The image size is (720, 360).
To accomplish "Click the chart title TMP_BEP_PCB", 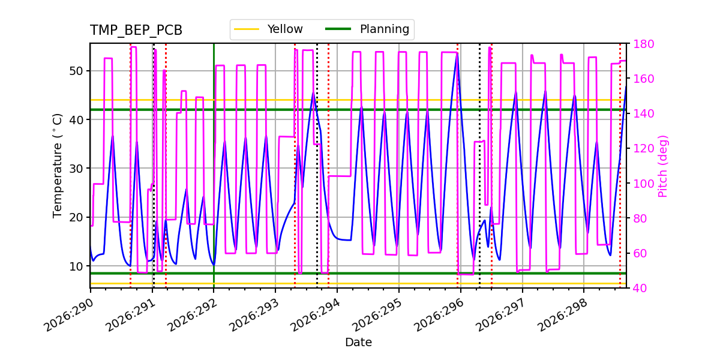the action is [136, 30].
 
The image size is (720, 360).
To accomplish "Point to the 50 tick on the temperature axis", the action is [77, 71].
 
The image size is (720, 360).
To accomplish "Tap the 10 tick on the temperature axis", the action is [77, 266].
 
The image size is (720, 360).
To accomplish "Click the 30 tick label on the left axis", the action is [77, 169].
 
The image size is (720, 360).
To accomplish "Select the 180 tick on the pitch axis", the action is [643, 44].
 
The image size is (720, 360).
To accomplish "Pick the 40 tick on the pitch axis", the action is [640, 288].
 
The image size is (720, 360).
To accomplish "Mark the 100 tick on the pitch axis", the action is [643, 184].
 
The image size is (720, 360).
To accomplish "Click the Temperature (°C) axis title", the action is [57, 166].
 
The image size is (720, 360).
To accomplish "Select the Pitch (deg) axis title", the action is [663, 166].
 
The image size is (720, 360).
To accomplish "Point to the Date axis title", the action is [358, 342].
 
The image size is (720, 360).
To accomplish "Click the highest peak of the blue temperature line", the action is [457, 53].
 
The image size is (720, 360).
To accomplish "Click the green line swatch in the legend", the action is [338, 29].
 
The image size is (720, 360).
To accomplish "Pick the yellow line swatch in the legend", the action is [247, 29].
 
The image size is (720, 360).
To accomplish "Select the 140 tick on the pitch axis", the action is [643, 114].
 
